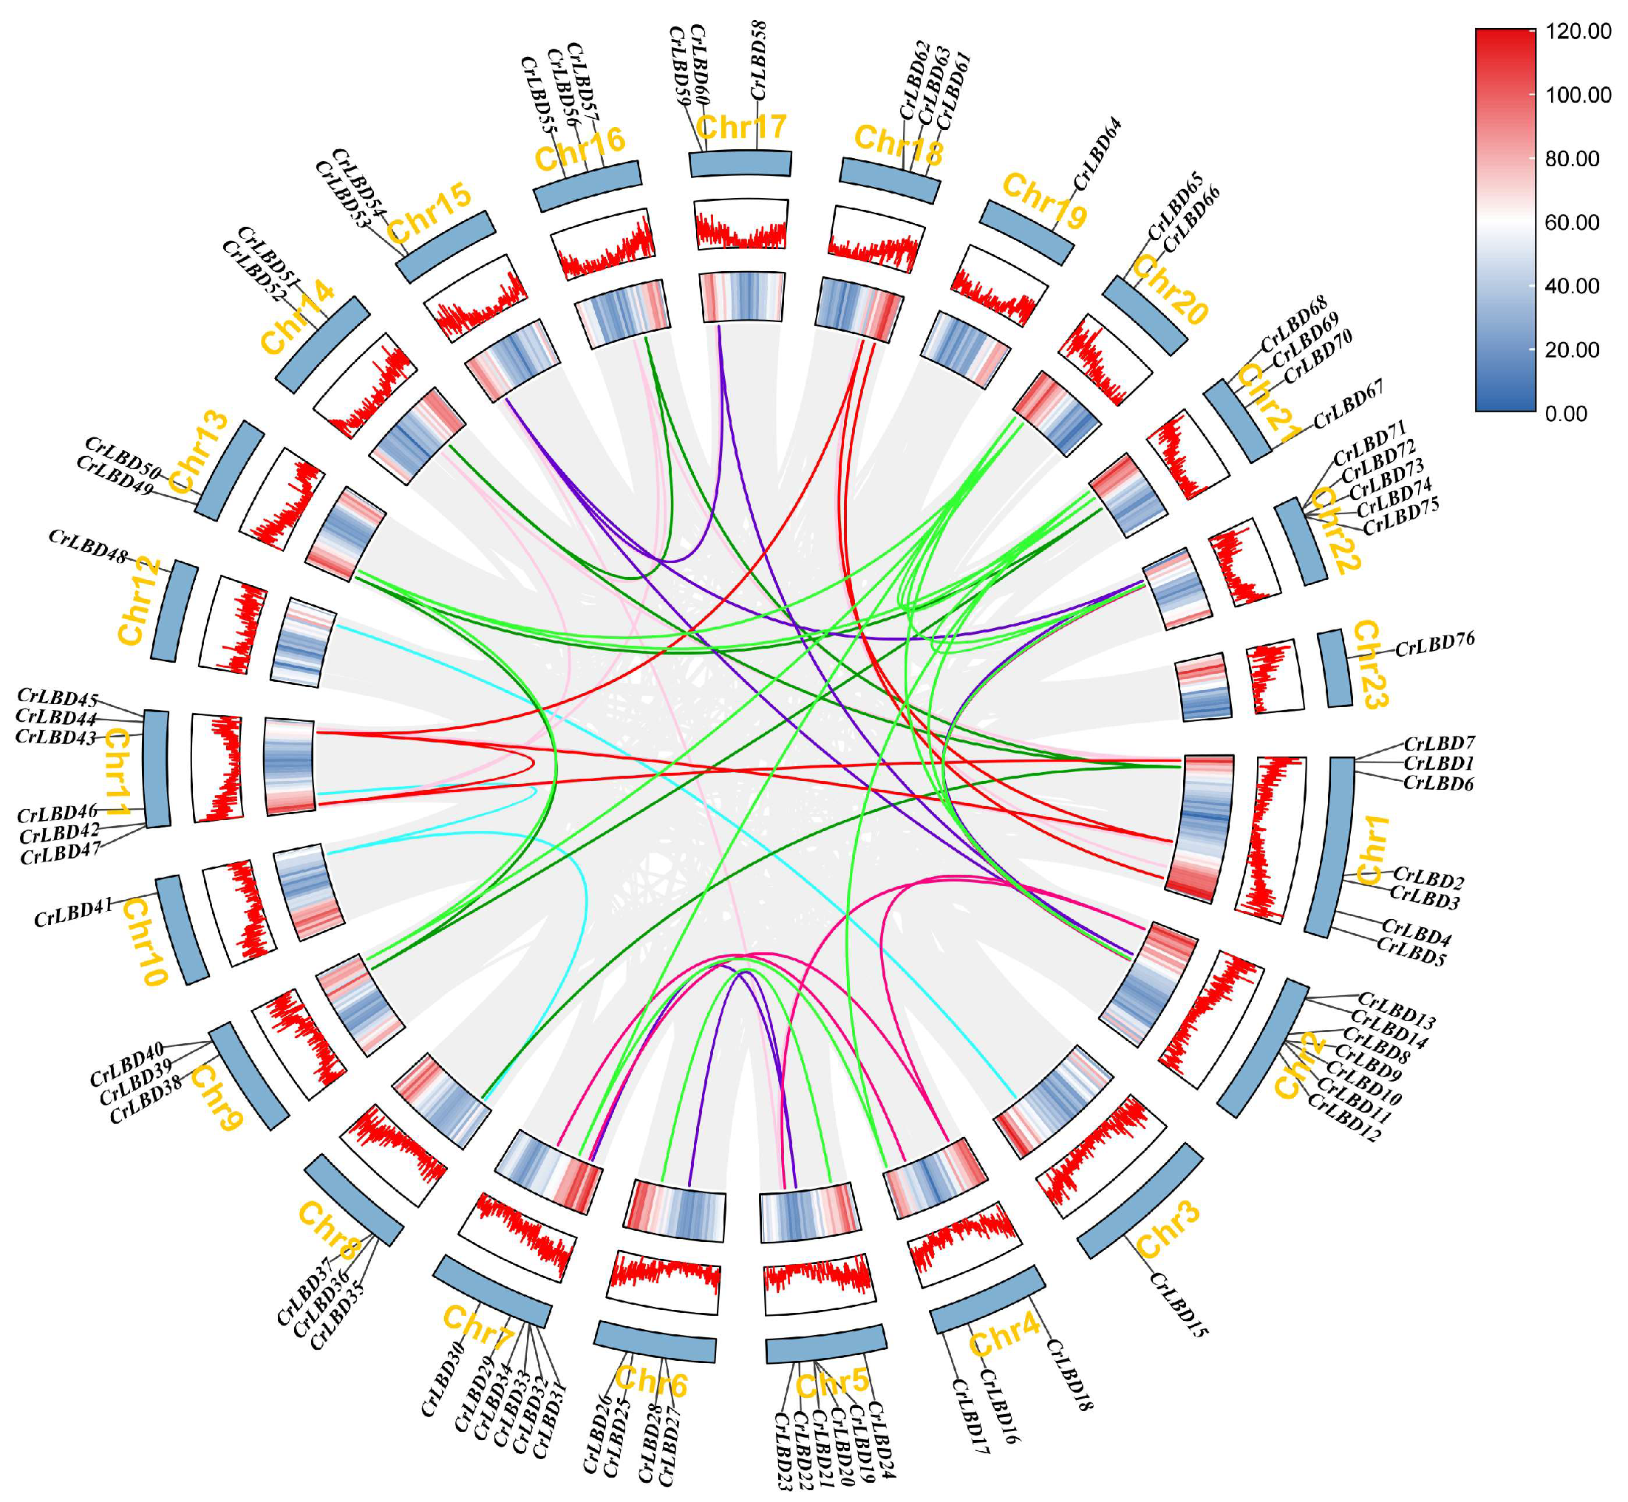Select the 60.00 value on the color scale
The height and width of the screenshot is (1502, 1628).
[1572, 222]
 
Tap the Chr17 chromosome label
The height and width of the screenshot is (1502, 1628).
[741, 128]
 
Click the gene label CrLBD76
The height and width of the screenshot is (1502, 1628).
[1434, 645]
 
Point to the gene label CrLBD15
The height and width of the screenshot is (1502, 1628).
[1179, 1305]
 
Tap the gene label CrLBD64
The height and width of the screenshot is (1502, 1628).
[1098, 155]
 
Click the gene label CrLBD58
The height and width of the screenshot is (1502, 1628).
[758, 61]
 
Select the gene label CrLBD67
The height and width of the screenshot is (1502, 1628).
[1349, 405]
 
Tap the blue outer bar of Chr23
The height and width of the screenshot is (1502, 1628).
[1334, 668]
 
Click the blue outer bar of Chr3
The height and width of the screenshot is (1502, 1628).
[1140, 1201]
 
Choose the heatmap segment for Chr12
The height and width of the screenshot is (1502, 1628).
[303, 643]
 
